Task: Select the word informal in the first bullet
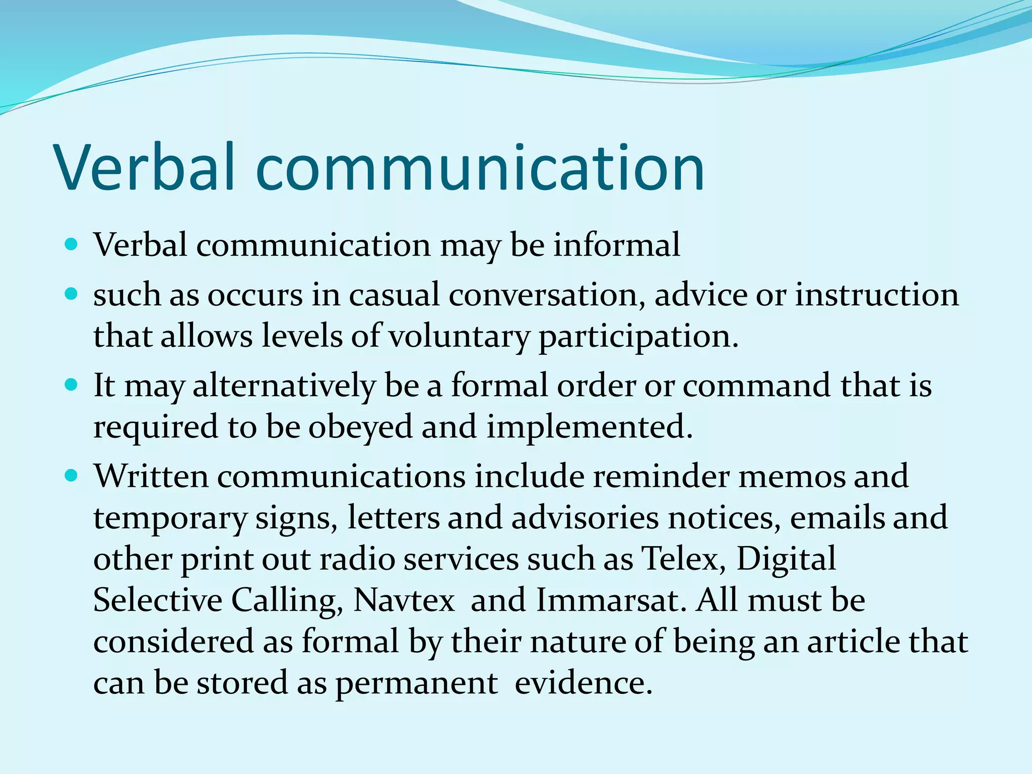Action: tap(617, 245)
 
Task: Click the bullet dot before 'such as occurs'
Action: tap(72, 294)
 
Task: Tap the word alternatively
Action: tap(284, 386)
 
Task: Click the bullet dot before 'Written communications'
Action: tap(72, 475)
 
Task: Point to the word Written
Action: tap(151, 476)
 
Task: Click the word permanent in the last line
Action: tap(417, 684)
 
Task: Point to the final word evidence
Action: tap(584, 683)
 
